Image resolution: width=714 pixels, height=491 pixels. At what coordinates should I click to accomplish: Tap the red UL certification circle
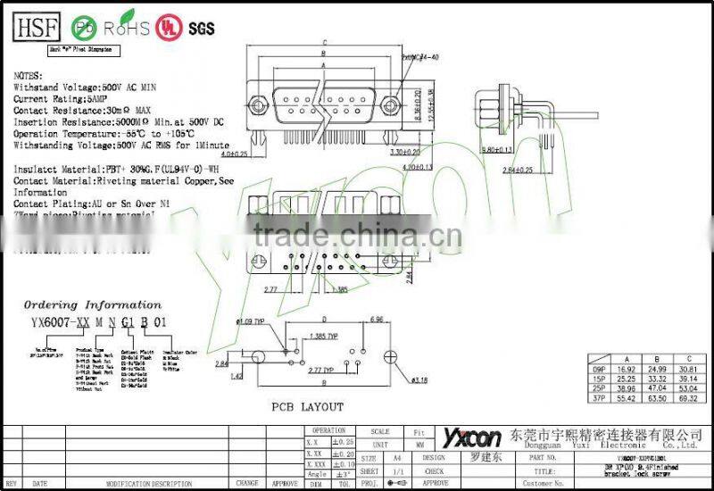pyautogui.click(x=167, y=28)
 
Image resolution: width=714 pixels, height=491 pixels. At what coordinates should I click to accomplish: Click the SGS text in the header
pyautogui.click(x=201, y=28)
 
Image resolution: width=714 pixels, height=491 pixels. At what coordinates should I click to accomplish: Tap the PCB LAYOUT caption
pyautogui.click(x=308, y=407)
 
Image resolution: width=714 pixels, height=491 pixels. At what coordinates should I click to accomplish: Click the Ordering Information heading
pyautogui.click(x=92, y=304)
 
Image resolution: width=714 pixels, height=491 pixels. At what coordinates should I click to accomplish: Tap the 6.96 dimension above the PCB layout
pyautogui.click(x=376, y=319)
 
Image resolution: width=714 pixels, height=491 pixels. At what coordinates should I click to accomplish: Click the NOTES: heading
pyautogui.click(x=29, y=78)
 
